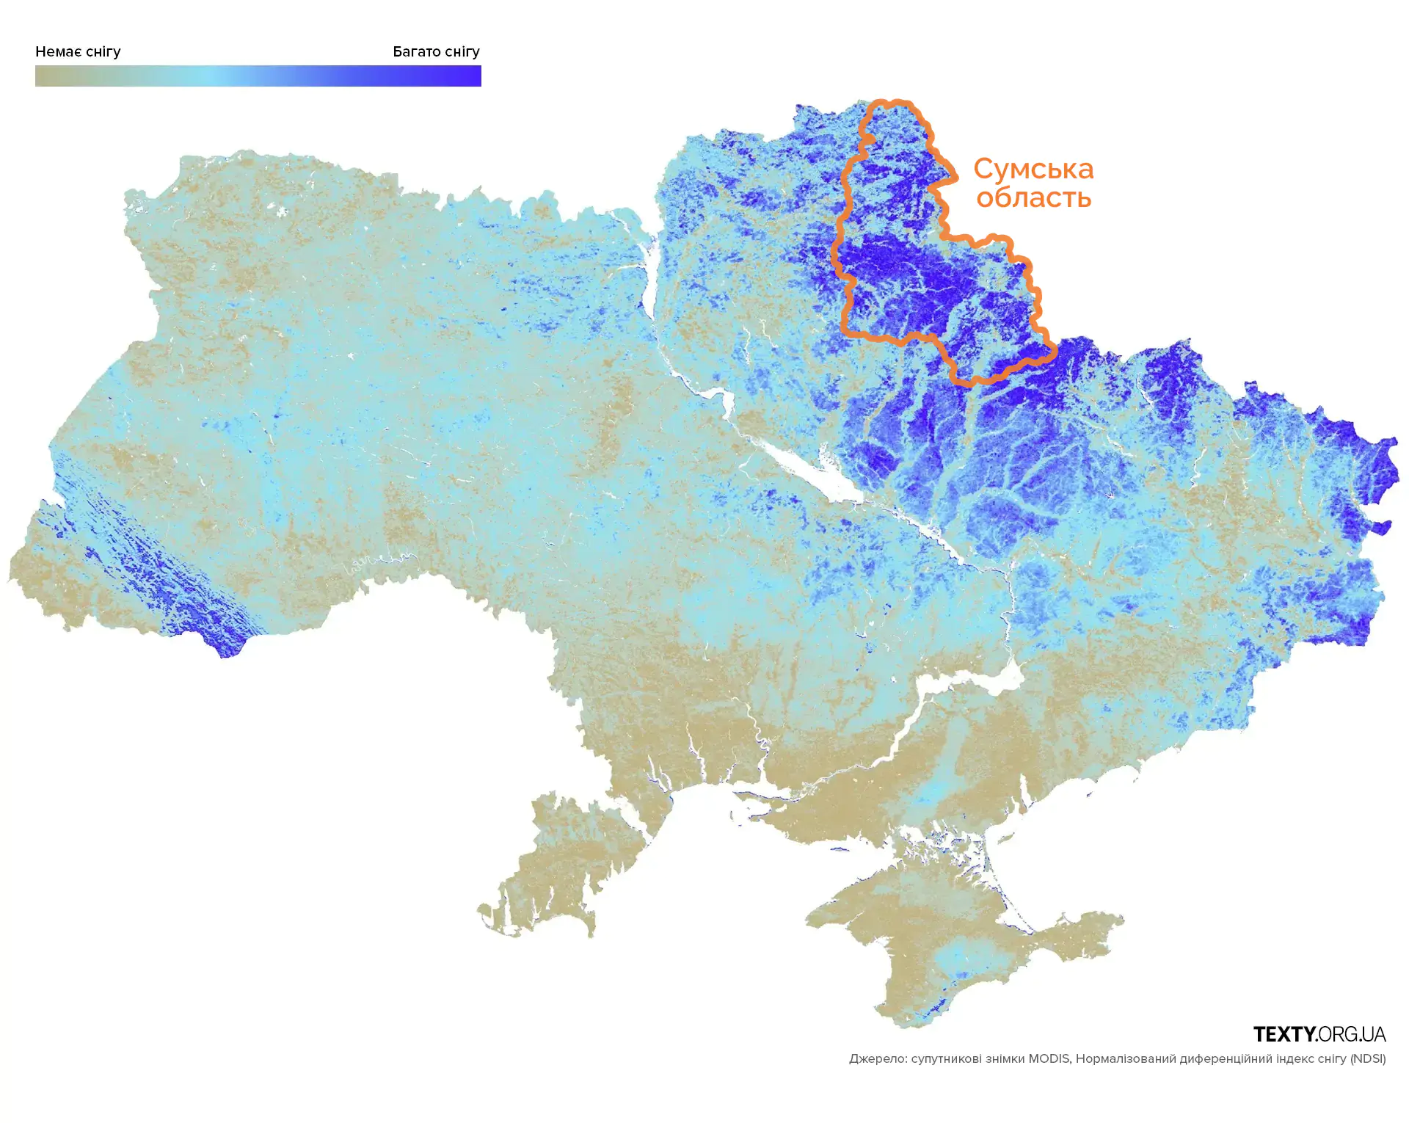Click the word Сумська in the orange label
point(1033,170)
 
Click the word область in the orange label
point(1033,197)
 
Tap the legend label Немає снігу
point(78,51)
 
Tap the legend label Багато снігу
point(436,51)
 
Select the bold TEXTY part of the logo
point(1284,1034)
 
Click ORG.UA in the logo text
point(1351,1034)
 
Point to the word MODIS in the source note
point(1049,1058)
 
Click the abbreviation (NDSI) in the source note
point(1368,1058)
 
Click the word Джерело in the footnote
point(878,1058)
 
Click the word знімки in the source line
point(1005,1058)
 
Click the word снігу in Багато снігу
point(462,51)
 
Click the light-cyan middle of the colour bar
point(213,76)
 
